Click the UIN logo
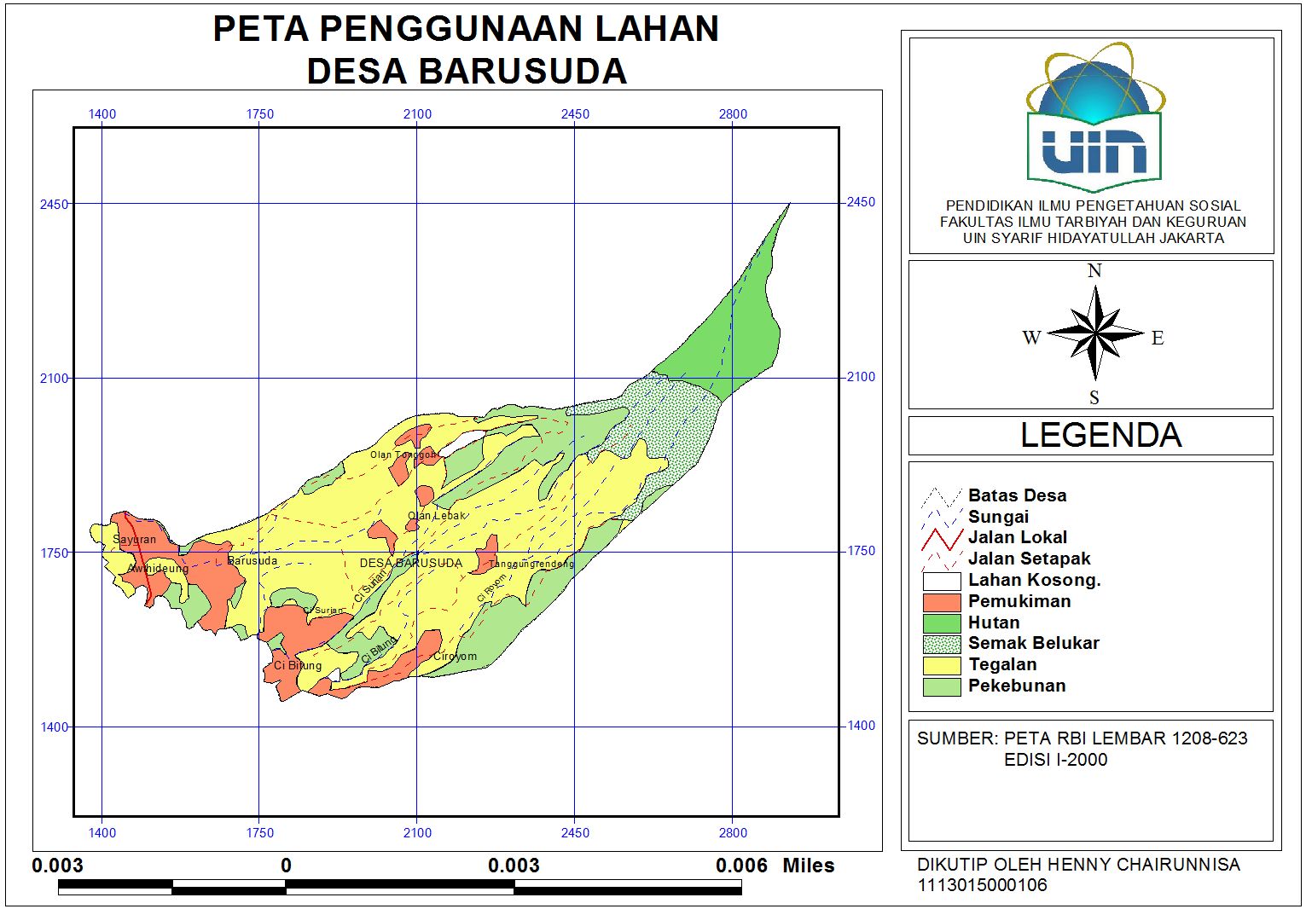coord(1095,119)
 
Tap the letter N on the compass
coord(1094,271)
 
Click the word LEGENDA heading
coord(1100,436)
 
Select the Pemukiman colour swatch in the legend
coord(942,602)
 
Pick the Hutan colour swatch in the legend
coord(942,623)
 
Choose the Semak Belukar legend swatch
coord(942,644)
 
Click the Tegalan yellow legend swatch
coord(942,665)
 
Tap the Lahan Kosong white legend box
coord(942,582)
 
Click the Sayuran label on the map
coord(135,540)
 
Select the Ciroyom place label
coord(455,657)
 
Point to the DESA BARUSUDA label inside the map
coord(411,564)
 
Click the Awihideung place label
coord(158,569)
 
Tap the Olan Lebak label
coord(437,516)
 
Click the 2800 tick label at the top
coord(733,114)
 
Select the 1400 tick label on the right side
coord(861,726)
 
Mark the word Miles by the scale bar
coord(808,866)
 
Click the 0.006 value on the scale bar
coord(741,866)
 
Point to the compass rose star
coord(1095,333)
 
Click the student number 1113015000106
coord(982,885)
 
